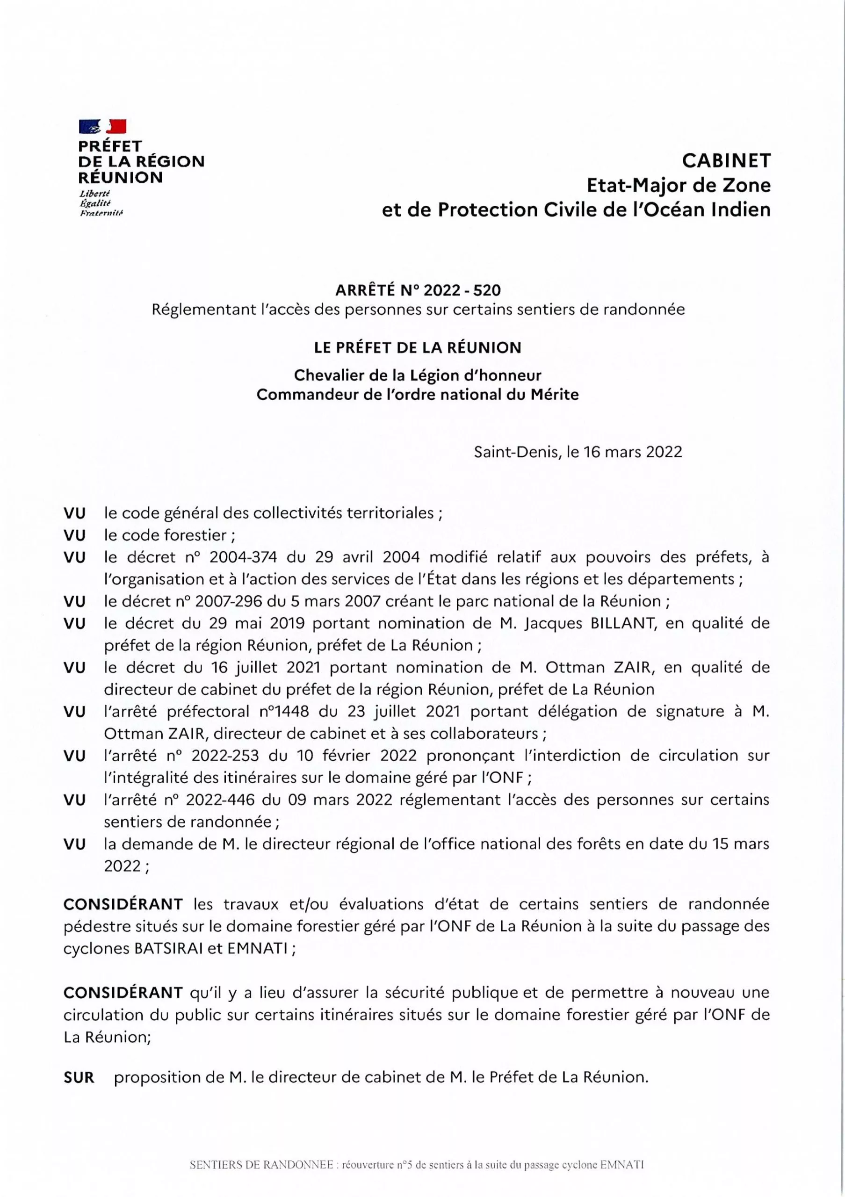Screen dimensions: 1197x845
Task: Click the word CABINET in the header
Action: point(726,160)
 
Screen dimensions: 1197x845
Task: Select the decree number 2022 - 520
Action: point(462,289)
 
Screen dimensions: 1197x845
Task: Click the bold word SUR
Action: point(79,1078)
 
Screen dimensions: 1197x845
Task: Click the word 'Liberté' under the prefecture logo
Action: point(92,193)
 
